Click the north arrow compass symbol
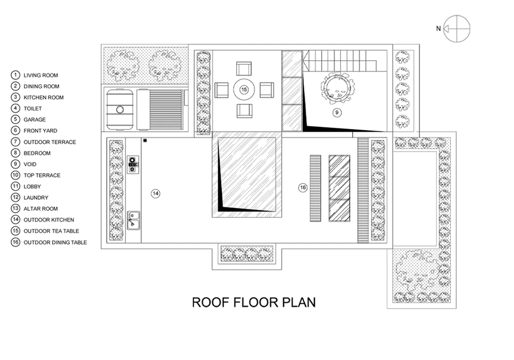coord(456,28)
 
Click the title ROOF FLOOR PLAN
coord(254,302)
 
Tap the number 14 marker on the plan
coord(155,193)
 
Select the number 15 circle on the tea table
coord(244,89)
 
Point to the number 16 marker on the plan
coord(303,188)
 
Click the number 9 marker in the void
coord(337,113)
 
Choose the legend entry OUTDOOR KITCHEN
coord(48,220)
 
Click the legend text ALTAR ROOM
coord(41,209)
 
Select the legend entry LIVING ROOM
coord(41,76)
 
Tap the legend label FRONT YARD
coord(40,131)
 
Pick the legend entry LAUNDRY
coord(36,197)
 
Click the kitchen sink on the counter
coord(133,220)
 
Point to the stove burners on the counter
coord(133,164)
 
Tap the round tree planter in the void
coord(337,87)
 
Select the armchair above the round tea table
coord(244,69)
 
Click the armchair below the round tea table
coord(244,111)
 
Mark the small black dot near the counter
coord(145,140)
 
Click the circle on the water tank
coord(120,110)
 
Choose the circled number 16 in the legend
coord(15,242)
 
